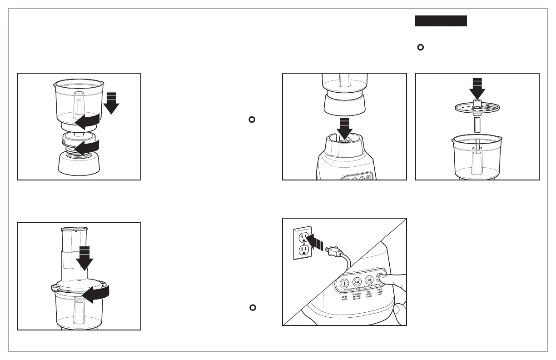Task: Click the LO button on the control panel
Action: [357, 281]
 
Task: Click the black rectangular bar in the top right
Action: [441, 21]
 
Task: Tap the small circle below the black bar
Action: [420, 48]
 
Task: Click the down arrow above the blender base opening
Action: [344, 128]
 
